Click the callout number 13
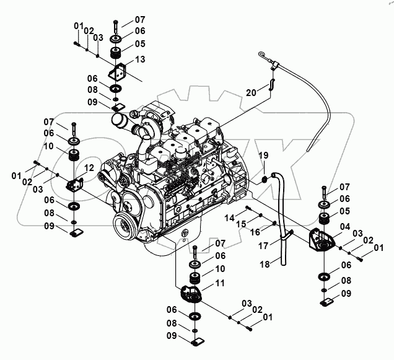coord(140,59)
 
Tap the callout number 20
coord(250,92)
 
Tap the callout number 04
coord(344,227)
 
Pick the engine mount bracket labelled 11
coord(193,294)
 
